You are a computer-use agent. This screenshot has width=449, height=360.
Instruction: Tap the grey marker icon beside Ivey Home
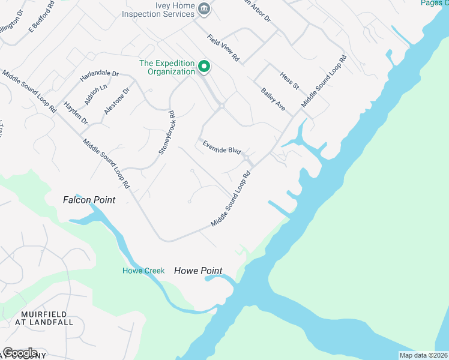204,8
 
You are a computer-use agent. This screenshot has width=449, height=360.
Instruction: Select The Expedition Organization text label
167,67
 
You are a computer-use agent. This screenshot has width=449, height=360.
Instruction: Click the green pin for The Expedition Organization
204,66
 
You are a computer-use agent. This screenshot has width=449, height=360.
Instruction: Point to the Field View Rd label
223,49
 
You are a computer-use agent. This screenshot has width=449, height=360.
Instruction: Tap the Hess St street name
289,80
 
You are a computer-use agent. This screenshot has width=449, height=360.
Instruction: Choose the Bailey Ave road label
273,99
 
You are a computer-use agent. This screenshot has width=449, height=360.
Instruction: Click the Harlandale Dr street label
100,77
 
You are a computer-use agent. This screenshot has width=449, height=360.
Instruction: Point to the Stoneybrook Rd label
166,133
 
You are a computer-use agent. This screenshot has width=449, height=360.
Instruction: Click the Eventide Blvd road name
221,147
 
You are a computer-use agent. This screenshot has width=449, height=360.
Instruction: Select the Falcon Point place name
89,200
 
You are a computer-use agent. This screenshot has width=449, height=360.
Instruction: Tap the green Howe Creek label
143,271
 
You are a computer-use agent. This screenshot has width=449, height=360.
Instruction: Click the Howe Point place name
198,271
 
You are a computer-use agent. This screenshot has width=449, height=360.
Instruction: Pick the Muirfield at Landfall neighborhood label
47,318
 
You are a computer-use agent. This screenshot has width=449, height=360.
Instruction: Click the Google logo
20,353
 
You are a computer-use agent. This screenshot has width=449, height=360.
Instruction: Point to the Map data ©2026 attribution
423,355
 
